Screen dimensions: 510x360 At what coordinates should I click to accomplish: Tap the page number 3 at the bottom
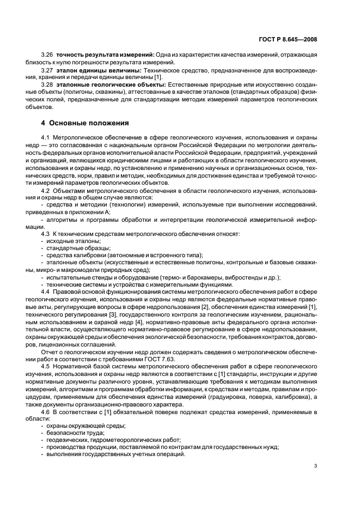[316, 466]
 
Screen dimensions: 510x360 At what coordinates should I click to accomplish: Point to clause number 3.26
[48, 55]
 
